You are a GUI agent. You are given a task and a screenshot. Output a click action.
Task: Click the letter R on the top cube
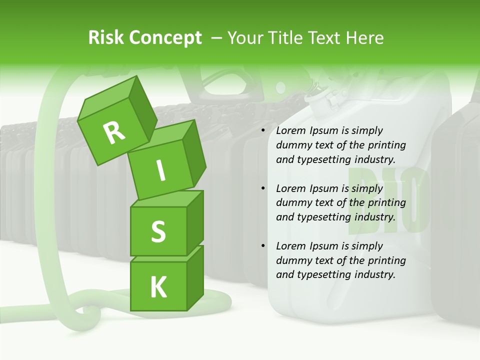[114, 133]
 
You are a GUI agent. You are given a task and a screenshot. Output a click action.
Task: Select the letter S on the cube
[158, 231]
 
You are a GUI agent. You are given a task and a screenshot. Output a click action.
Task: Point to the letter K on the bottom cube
[158, 287]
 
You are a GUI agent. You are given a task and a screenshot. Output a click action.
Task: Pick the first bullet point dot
[263, 130]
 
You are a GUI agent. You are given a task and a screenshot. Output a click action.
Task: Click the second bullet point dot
[263, 188]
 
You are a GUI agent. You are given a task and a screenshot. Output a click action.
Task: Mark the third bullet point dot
[263, 246]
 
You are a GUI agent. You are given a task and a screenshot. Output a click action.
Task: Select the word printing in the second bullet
[387, 202]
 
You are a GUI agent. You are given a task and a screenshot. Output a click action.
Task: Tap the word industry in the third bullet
[374, 274]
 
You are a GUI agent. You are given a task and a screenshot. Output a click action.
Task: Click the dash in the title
[217, 38]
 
